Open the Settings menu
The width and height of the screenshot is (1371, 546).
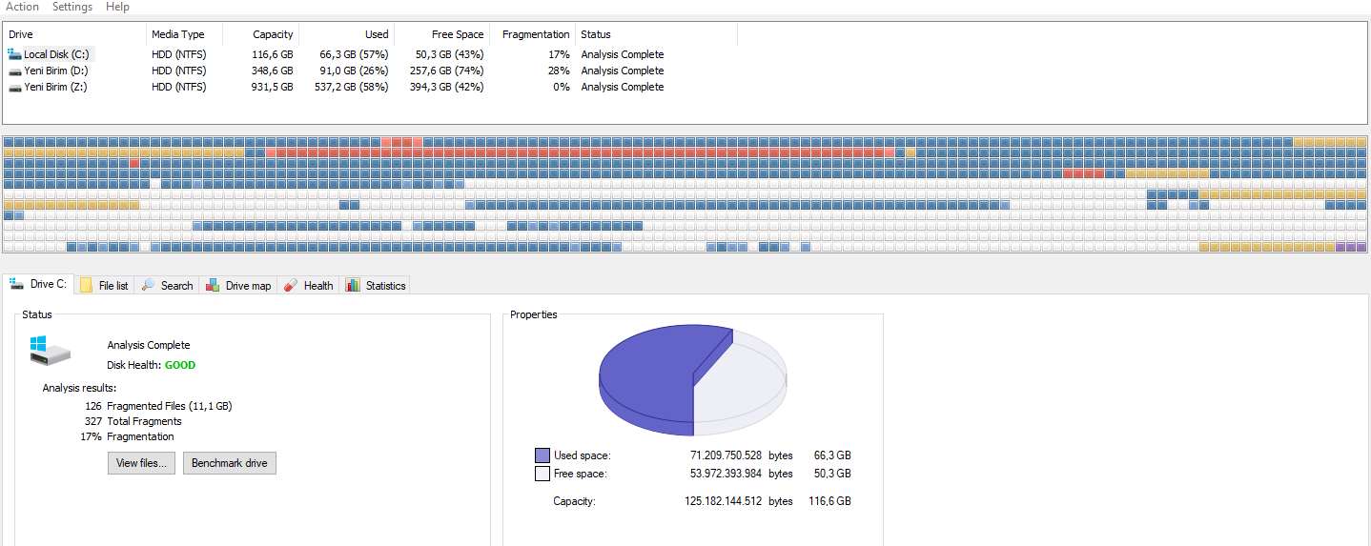(x=72, y=7)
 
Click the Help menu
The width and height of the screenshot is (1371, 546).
(x=117, y=7)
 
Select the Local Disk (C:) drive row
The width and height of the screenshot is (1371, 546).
(x=56, y=54)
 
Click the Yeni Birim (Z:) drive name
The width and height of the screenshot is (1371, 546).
(x=56, y=87)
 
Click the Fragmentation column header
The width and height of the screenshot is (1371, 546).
(x=536, y=34)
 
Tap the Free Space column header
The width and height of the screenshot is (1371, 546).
(x=458, y=34)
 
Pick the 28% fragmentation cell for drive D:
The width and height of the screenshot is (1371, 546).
(x=559, y=71)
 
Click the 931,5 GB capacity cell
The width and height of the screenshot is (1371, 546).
(x=272, y=87)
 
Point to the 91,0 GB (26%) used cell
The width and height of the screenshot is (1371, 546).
(x=354, y=71)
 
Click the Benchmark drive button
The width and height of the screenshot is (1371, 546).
(x=230, y=463)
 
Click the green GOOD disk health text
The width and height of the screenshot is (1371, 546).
(x=180, y=365)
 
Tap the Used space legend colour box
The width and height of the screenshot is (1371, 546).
(x=542, y=455)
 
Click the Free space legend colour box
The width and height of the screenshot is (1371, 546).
(x=542, y=474)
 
